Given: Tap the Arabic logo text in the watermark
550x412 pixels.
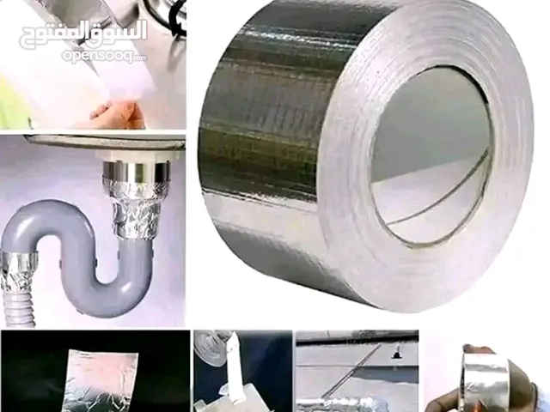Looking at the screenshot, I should [x=83, y=34].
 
